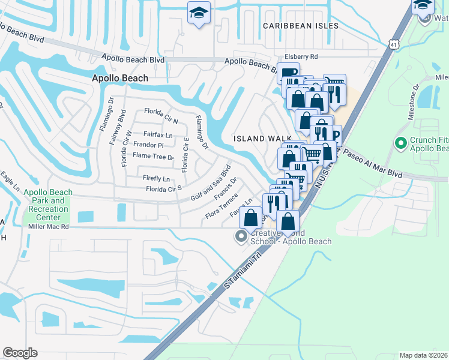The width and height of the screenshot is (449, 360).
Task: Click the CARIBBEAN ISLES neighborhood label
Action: point(301,26)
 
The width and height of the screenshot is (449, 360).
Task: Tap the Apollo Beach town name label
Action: point(120,78)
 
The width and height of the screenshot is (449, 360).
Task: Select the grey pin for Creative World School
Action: point(243,237)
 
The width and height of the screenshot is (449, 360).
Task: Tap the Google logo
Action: point(20,353)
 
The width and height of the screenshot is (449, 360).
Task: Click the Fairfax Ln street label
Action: point(158,135)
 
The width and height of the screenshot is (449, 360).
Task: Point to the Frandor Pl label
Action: point(148,145)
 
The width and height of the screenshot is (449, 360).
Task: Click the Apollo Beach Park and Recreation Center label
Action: point(48,205)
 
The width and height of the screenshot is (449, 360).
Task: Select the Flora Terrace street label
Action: point(222,210)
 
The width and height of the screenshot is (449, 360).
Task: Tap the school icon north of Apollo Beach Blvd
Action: point(197,13)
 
